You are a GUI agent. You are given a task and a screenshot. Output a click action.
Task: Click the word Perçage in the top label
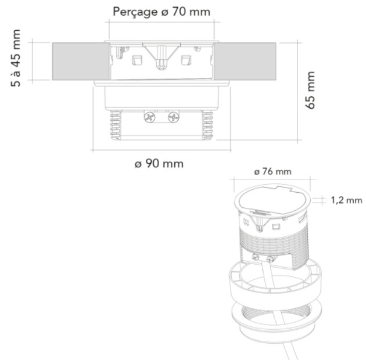[135, 12]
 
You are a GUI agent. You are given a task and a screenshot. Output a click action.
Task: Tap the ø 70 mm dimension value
[186, 12]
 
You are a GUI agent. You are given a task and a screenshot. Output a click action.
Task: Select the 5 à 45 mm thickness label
[16, 58]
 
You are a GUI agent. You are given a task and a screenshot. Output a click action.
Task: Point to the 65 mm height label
[310, 90]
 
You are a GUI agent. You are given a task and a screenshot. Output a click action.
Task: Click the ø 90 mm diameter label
[159, 164]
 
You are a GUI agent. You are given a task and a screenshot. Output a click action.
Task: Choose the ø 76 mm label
[272, 172]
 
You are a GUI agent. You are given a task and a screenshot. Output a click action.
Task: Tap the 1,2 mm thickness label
[346, 200]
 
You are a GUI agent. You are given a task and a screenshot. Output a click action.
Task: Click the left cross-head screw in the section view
[150, 117]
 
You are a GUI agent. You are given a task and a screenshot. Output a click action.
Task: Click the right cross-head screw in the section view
[174, 117]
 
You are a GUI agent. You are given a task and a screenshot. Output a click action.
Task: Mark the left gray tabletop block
[81, 62]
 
